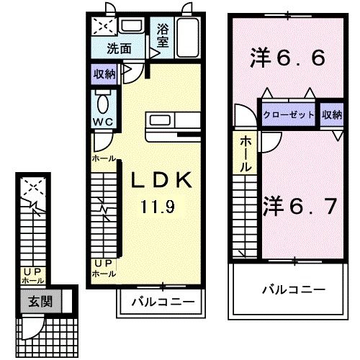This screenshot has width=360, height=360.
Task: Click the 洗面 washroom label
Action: pyautogui.click(x=120, y=49)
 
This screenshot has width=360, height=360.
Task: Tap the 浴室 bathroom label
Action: pyautogui.click(x=163, y=37)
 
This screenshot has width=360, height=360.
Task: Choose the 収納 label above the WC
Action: pyautogui.click(x=104, y=74)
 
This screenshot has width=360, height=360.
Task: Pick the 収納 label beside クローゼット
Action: pyautogui.click(x=332, y=115)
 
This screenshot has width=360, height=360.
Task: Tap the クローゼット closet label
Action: pyautogui.click(x=288, y=115)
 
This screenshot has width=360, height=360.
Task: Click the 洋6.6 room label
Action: pyautogui.click(x=285, y=56)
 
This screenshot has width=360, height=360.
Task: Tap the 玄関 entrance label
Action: pyautogui.click(x=40, y=302)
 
